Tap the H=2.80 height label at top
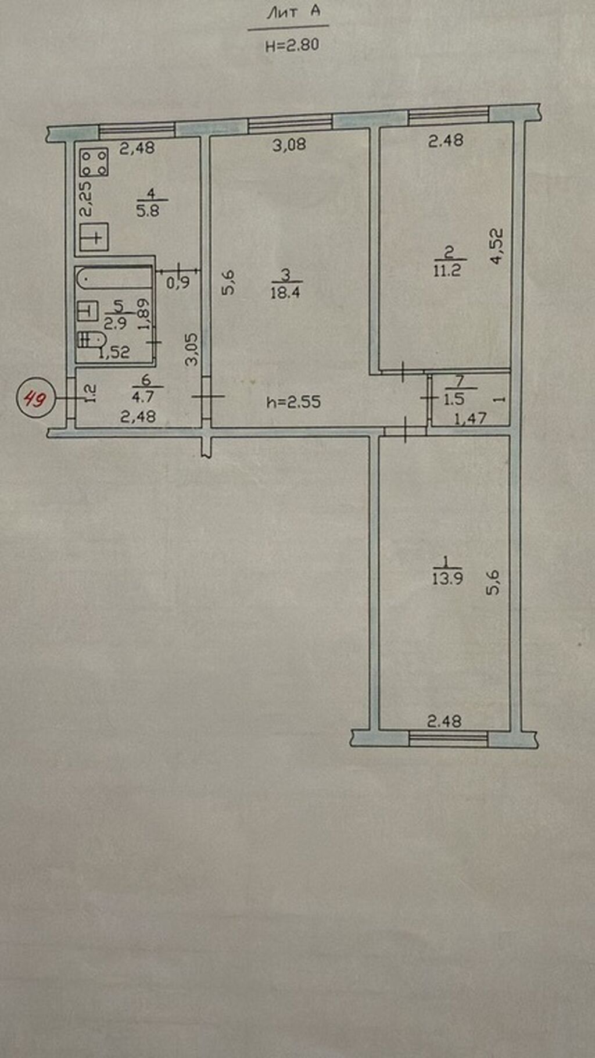click(292, 45)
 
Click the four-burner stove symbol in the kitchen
click(94, 162)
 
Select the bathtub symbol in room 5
click(114, 278)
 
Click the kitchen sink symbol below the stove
click(94, 237)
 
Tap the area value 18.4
click(285, 292)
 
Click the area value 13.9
click(447, 578)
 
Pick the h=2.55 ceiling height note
click(293, 402)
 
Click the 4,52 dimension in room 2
click(496, 246)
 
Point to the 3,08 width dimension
click(289, 144)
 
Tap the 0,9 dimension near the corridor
click(178, 283)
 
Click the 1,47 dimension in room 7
click(470, 417)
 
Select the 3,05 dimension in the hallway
click(192, 349)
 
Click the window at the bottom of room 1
click(448, 738)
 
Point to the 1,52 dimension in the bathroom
click(114, 352)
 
